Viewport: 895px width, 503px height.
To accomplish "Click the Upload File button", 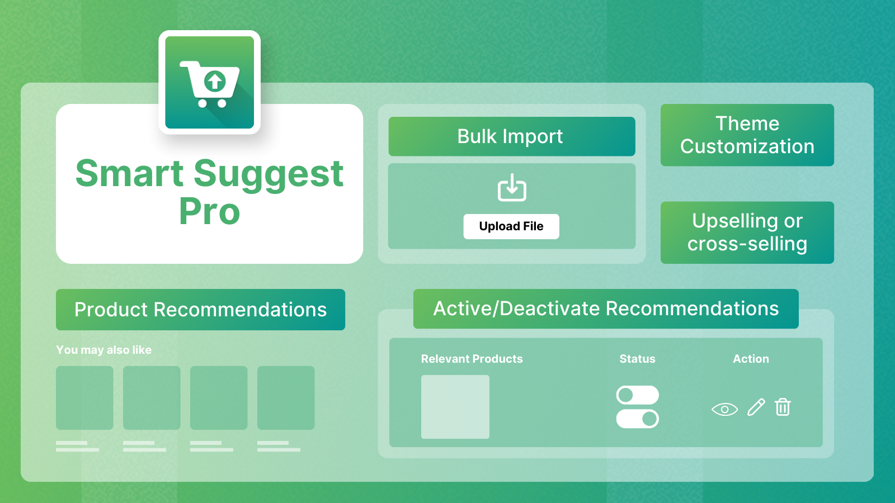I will (x=511, y=226).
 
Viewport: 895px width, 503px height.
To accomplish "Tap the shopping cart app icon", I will (x=209, y=82).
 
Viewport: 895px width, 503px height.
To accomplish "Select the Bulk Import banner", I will (x=511, y=136).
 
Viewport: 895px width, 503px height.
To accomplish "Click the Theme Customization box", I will (x=747, y=135).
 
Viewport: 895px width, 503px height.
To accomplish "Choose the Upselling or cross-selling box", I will (x=747, y=232).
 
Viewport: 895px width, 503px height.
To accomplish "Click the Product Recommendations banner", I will (x=200, y=310).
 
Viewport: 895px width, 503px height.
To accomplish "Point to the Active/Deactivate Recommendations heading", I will (x=606, y=309).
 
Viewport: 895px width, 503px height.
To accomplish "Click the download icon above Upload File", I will (x=512, y=188).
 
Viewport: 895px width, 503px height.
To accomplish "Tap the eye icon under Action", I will (x=724, y=409).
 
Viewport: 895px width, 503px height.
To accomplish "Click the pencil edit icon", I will (x=756, y=407).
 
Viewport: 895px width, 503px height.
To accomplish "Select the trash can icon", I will (x=783, y=407).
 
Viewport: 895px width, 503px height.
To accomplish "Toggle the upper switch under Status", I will (x=637, y=395).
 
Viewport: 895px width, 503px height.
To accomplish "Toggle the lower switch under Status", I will (x=637, y=419).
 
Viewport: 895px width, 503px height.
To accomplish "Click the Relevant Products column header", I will (x=472, y=359).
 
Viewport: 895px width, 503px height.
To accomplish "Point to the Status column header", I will (x=637, y=359).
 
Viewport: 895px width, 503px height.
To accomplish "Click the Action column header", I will (x=751, y=359).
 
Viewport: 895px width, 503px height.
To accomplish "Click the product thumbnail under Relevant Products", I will (x=455, y=407).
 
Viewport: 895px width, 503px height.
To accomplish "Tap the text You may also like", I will (x=103, y=350).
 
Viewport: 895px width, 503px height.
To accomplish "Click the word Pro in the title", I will (x=209, y=211).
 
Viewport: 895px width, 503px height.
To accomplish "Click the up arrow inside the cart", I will (x=215, y=82).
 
